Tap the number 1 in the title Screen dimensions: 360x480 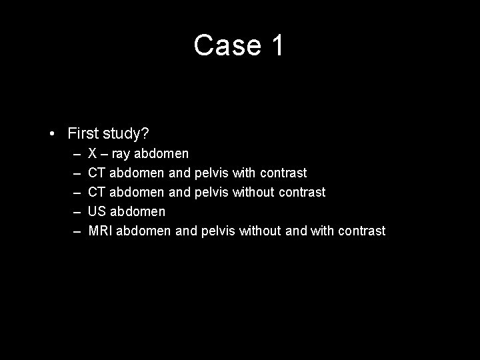(277, 45)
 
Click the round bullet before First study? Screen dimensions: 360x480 (52, 133)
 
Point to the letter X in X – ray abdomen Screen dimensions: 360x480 (93, 154)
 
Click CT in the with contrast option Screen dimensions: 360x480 (97, 173)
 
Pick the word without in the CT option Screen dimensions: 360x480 (255, 192)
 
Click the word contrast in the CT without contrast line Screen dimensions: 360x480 (303, 192)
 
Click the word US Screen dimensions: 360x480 (97, 211)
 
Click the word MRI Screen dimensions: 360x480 (100, 231)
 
